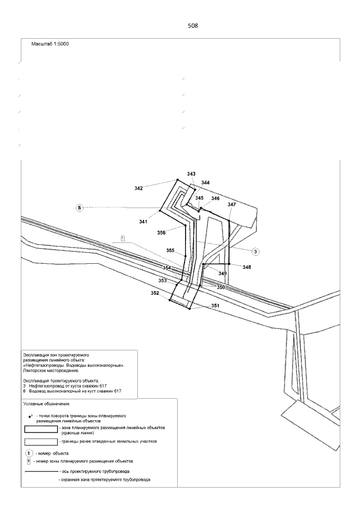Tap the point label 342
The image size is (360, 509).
click(x=138, y=188)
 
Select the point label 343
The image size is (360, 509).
click(x=191, y=174)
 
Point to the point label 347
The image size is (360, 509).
click(x=232, y=205)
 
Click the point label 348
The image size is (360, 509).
click(x=246, y=267)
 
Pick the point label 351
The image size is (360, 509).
click(x=215, y=305)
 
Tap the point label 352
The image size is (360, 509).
click(x=155, y=293)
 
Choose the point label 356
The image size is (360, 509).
click(x=161, y=232)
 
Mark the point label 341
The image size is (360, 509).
click(x=143, y=222)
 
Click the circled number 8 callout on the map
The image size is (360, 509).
click(x=80, y=208)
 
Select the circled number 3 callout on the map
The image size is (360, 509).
click(x=255, y=251)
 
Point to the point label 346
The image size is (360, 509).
click(x=215, y=199)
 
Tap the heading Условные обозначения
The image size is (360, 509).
click(x=46, y=404)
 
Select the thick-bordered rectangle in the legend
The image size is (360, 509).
click(x=41, y=429)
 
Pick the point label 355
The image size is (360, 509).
click(x=170, y=250)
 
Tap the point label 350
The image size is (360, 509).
click(x=221, y=287)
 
